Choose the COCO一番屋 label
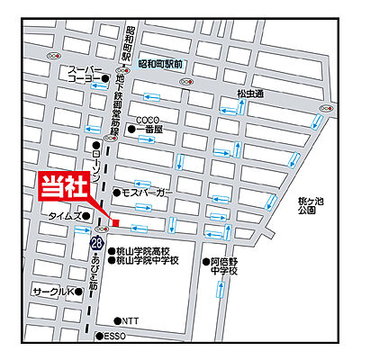(149, 124)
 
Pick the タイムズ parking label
(64, 215)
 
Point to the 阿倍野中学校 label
(222, 265)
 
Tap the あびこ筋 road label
(97, 268)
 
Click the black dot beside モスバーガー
(116, 193)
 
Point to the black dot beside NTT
(117, 320)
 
